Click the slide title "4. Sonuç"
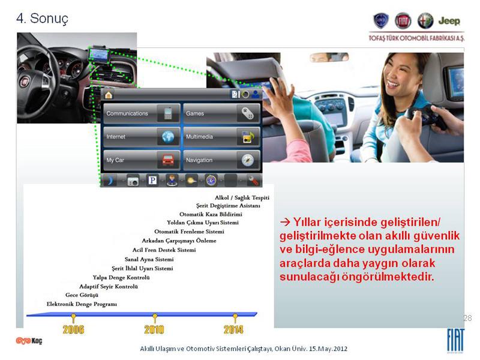tap(42, 19)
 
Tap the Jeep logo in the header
tap(449, 21)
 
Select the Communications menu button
tap(142, 113)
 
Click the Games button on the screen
tap(221, 113)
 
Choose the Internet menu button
tap(142, 137)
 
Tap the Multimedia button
tap(221, 137)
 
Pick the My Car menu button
tap(142, 160)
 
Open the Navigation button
tap(221, 160)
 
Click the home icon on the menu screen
tap(109, 95)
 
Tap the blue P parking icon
tap(152, 181)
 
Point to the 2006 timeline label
tap(73, 329)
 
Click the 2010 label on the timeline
tap(154, 329)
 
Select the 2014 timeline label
tap(233, 329)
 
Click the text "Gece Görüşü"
tap(82, 295)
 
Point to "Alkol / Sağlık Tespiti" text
tap(242, 198)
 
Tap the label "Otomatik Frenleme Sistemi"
tap(189, 232)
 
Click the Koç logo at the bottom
tap(29, 340)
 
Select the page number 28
tap(467, 318)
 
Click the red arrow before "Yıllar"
tap(285, 222)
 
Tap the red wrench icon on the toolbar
tap(254, 181)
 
